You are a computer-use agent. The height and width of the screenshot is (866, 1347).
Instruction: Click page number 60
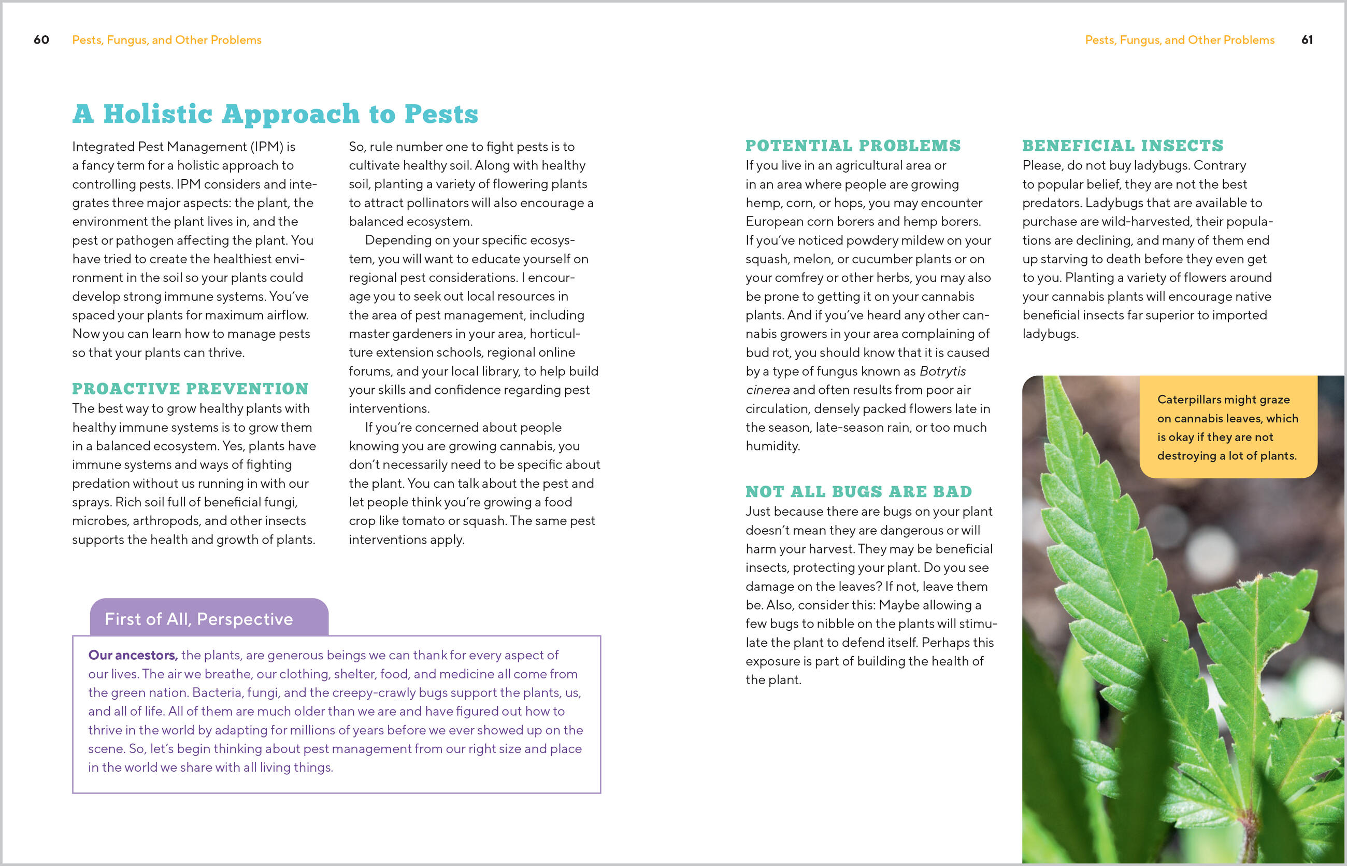(41, 40)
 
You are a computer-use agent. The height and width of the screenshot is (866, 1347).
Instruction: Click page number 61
(1307, 40)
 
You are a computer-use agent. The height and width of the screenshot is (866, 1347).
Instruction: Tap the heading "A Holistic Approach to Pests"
(275, 114)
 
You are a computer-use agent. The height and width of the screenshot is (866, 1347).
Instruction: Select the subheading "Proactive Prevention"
(190, 389)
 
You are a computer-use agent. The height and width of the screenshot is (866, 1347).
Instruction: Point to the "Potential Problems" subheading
(853, 146)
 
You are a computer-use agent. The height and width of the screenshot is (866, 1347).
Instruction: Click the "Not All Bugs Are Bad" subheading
(858, 491)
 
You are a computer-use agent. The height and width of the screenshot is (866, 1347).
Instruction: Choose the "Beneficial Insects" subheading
(1122, 146)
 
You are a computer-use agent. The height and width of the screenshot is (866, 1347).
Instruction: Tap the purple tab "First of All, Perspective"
(198, 619)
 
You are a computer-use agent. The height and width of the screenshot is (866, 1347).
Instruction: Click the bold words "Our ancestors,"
(133, 655)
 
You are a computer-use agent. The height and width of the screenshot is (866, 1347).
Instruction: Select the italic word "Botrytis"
(942, 371)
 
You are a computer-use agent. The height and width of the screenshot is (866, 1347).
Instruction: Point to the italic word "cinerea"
(767, 390)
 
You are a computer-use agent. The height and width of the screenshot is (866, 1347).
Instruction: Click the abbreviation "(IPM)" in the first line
(266, 147)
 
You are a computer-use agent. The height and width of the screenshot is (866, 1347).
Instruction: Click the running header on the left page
(166, 40)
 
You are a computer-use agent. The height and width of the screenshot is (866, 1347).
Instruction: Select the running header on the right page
(1180, 40)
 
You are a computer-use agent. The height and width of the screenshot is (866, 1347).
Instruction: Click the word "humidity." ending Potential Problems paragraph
(772, 446)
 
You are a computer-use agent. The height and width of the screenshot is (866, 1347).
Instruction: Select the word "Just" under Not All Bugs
(757, 511)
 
